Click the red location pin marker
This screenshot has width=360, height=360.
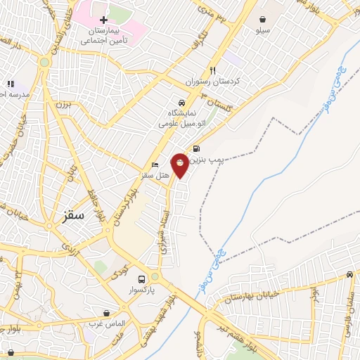(x=180, y=165)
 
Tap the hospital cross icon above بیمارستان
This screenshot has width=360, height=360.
(x=103, y=20)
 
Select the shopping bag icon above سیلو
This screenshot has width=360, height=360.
(x=262, y=19)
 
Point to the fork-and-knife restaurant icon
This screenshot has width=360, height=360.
(x=212, y=70)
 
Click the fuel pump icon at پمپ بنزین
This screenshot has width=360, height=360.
(x=195, y=148)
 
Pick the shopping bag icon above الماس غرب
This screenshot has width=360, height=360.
(x=105, y=313)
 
